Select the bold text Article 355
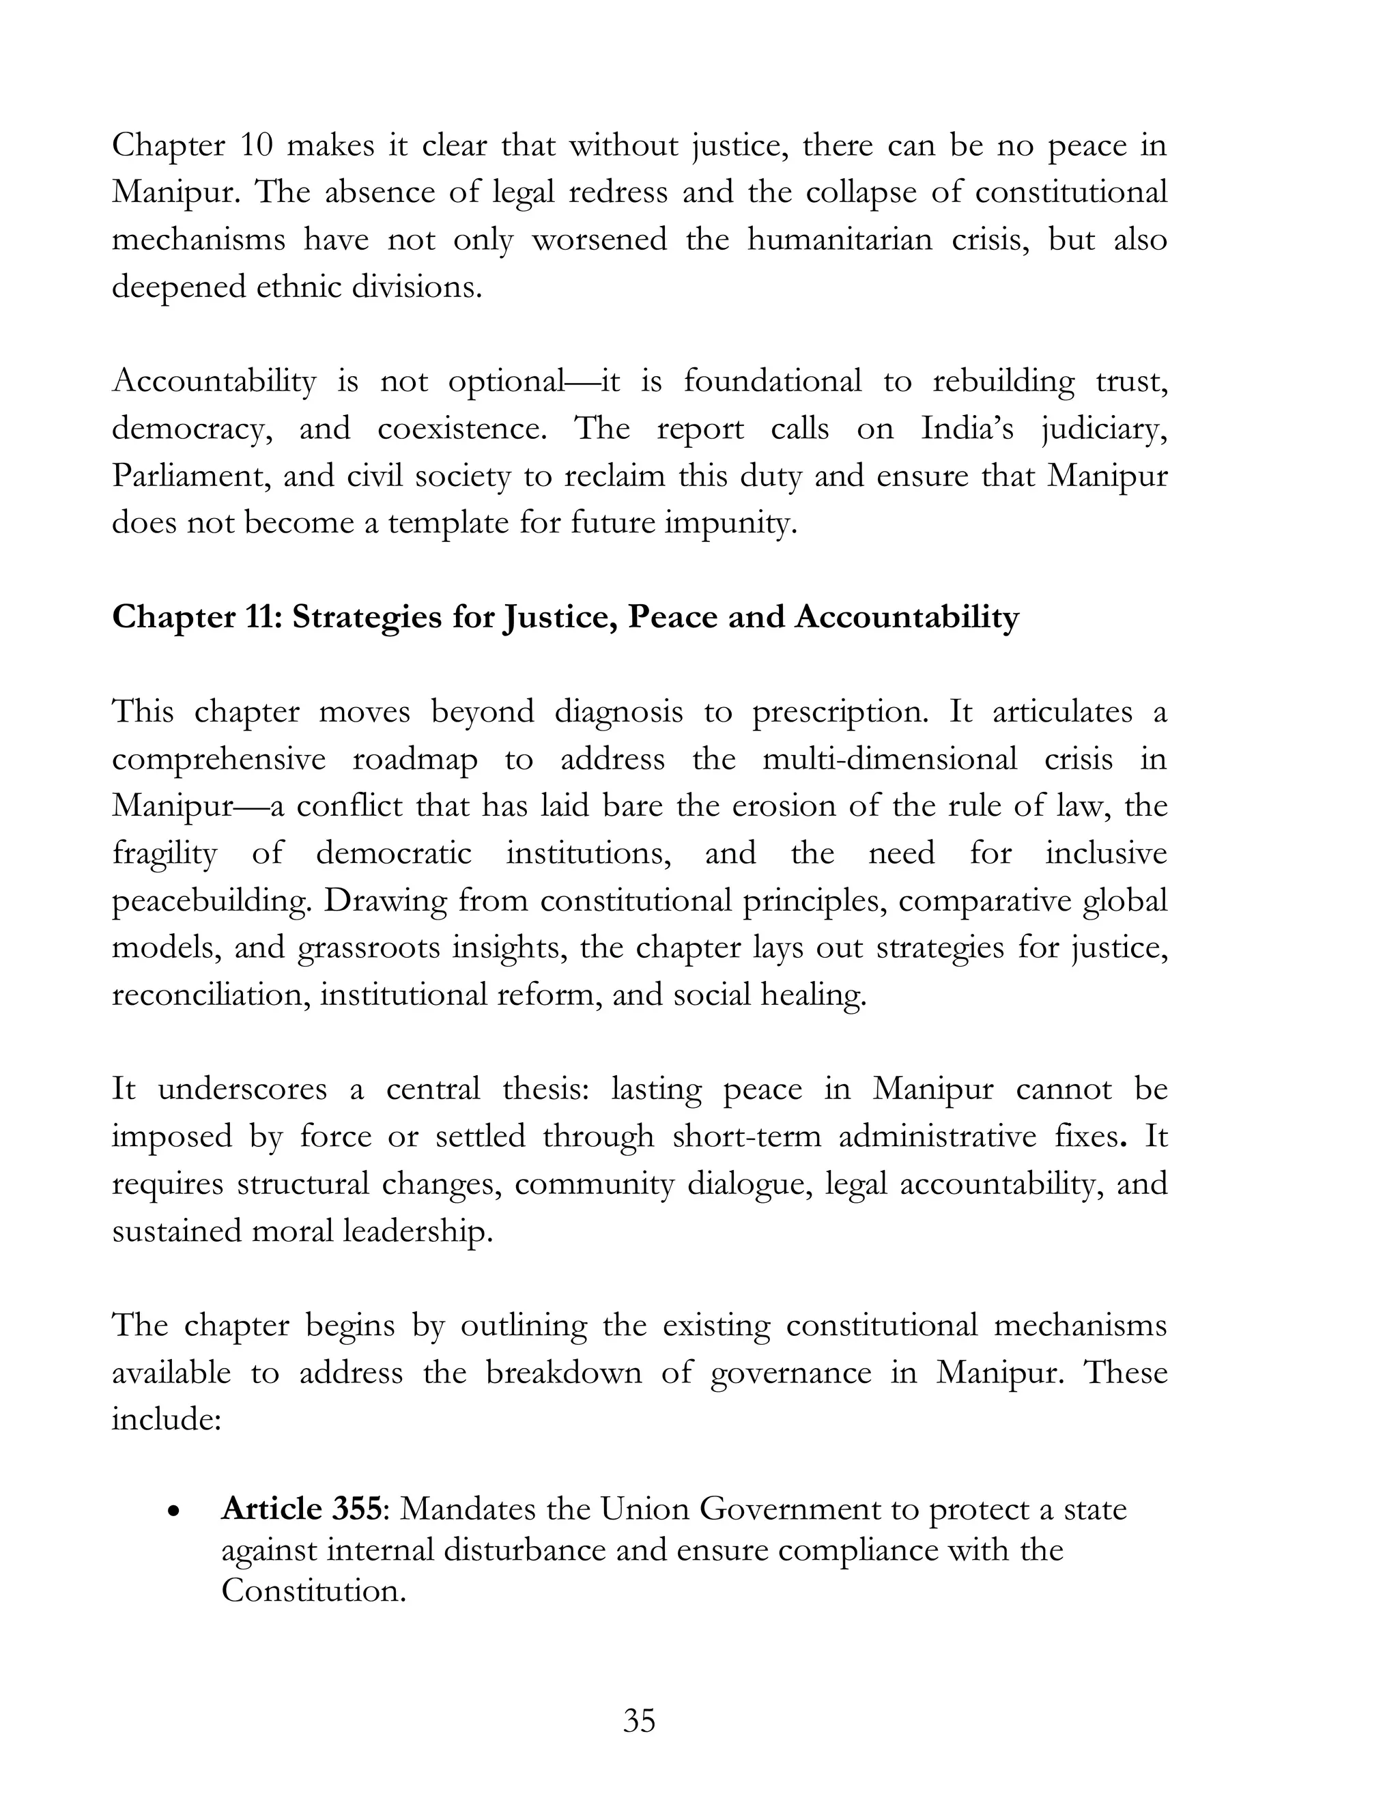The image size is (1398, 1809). pos(302,1509)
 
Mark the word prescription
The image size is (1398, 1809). pos(840,711)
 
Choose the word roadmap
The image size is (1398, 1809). pos(415,758)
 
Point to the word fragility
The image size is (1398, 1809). pos(164,853)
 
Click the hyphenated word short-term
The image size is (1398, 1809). pos(746,1136)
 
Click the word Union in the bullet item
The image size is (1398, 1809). pos(644,1509)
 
